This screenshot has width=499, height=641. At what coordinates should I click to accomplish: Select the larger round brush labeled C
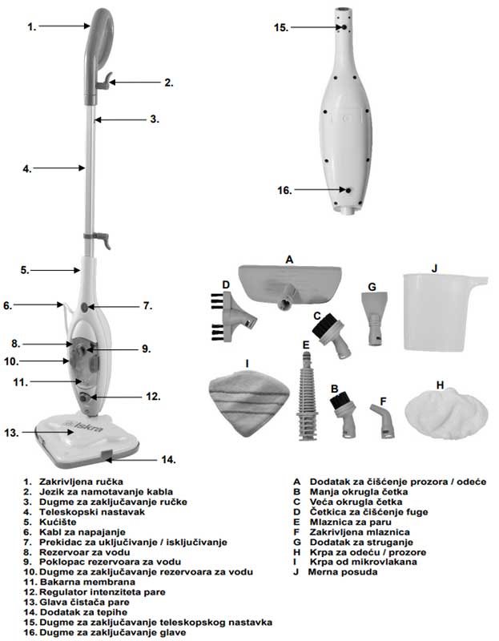[331, 336]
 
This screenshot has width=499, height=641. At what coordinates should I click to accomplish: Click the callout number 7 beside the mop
[147, 306]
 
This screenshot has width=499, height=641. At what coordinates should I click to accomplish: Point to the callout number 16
[282, 190]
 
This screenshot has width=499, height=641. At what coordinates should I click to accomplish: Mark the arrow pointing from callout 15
[317, 27]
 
